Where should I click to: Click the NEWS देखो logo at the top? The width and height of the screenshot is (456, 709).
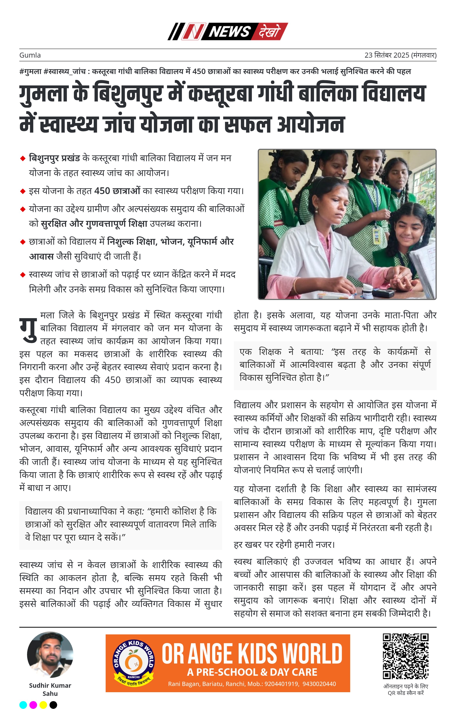point(227,31)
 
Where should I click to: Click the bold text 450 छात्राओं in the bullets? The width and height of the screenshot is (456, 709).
point(117,191)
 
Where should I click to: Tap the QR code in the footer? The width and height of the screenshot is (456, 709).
point(405,656)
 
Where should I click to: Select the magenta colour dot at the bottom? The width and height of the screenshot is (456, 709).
point(33,705)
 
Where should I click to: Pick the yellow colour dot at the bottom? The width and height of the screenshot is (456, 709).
point(43,705)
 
